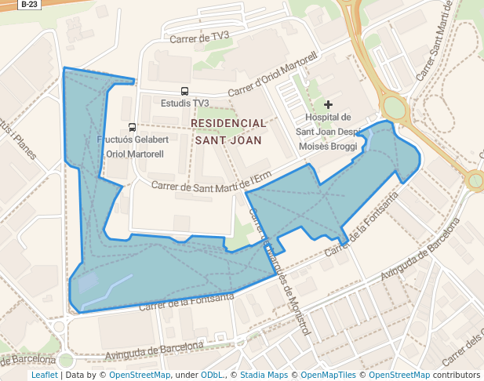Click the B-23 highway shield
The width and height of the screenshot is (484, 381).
(28, 4)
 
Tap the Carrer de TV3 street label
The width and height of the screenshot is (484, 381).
(199, 37)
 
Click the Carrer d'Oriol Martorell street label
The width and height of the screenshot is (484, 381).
(272, 76)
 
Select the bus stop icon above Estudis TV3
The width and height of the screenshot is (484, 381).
(184, 91)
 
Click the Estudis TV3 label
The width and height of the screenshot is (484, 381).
(184, 103)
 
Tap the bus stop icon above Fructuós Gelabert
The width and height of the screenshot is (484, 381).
(132, 127)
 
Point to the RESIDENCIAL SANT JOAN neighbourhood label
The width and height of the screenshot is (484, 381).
(228, 132)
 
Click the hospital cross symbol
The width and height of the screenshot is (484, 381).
(328, 104)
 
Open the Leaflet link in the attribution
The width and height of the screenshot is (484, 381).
(45, 375)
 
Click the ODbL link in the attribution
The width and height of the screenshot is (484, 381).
(212, 375)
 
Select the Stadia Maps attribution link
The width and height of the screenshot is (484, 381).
(264, 375)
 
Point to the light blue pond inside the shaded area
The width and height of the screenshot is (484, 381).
(87, 281)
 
